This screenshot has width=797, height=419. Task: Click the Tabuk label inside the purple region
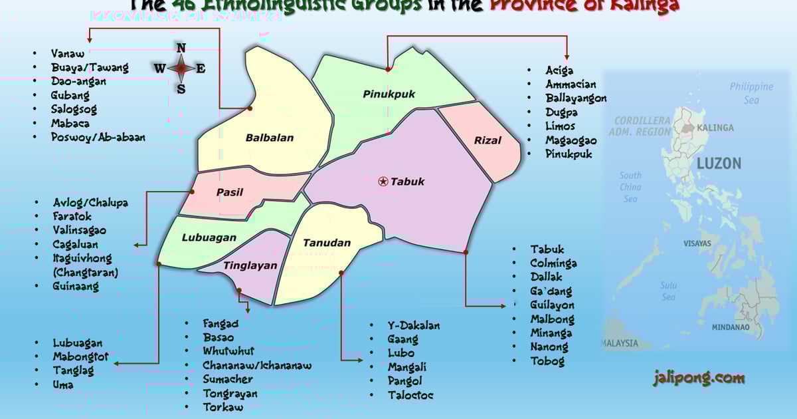click(x=407, y=182)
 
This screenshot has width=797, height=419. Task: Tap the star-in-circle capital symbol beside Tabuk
click(x=383, y=181)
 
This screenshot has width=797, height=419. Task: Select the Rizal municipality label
click(x=487, y=140)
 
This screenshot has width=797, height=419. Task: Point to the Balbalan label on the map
click(x=269, y=138)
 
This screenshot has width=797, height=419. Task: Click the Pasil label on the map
click(x=229, y=192)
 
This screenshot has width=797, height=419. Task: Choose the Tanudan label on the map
click(x=326, y=243)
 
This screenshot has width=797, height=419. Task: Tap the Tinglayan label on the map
click(x=250, y=265)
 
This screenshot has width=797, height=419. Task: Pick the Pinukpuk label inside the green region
click(x=389, y=94)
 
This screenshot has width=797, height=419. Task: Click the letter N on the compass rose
click(x=181, y=48)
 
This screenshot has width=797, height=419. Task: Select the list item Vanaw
click(x=68, y=53)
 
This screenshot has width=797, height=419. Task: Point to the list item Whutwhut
click(x=228, y=351)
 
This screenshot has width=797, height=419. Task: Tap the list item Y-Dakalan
click(x=414, y=325)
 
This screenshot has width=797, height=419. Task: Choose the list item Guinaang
click(x=76, y=287)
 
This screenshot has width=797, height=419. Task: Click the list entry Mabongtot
click(x=80, y=357)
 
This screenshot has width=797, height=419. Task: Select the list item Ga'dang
click(x=551, y=291)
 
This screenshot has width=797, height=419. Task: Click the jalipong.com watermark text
click(x=698, y=378)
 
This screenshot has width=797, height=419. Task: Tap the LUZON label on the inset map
click(x=719, y=164)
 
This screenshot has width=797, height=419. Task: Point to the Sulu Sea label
click(x=668, y=291)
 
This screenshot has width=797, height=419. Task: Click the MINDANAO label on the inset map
click(x=731, y=327)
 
